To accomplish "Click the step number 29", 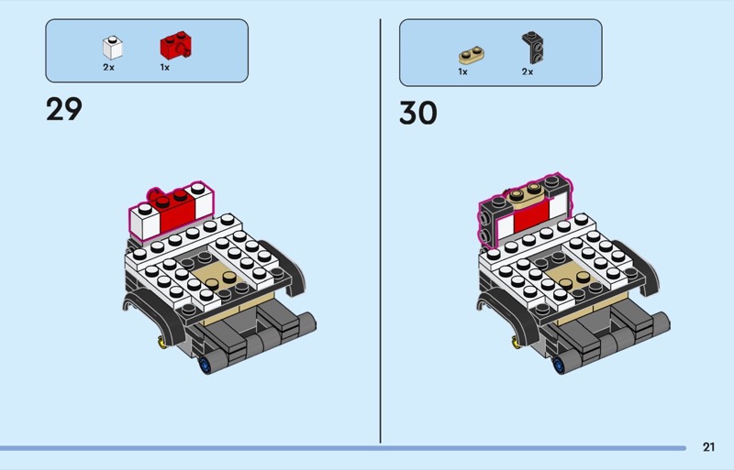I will pos(64,109).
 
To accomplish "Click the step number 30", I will pos(417,113).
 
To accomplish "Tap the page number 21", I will pos(708,446).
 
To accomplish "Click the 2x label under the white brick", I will pos(109,67).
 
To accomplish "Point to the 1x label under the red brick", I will pos(165,67).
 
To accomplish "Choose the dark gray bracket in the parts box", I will pos(529,46).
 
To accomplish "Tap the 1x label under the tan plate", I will pos(463,71).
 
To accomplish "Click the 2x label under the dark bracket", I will pos(528,71).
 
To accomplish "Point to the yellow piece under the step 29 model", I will pos(162,343).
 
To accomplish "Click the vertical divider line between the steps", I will pos(381,229).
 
